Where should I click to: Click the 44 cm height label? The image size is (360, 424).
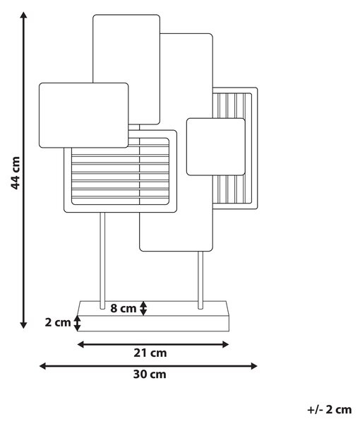point(15,173)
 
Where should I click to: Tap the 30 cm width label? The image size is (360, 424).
point(150,375)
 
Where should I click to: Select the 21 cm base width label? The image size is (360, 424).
point(150,353)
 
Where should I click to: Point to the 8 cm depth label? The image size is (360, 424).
point(123,308)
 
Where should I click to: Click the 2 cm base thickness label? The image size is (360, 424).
point(58,322)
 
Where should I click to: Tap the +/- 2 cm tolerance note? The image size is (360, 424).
point(330,409)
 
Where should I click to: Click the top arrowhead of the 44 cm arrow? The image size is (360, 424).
point(24,15)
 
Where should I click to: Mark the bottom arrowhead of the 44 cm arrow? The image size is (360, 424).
point(24,325)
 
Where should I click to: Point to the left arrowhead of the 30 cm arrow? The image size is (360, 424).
point(42,366)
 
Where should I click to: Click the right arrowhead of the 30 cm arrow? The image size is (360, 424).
point(253,366)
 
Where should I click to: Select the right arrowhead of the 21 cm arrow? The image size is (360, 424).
point(225,345)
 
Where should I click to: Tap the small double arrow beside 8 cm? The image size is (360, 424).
point(143,308)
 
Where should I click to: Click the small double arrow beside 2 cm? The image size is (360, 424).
point(78,323)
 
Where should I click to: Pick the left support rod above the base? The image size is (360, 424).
point(102,261)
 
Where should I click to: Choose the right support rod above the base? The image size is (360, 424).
point(200,280)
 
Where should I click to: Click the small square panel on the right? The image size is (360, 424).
point(216,147)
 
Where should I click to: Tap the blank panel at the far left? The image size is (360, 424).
point(84,115)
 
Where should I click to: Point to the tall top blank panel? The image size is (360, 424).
point(126,49)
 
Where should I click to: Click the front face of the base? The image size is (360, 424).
point(153,323)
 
